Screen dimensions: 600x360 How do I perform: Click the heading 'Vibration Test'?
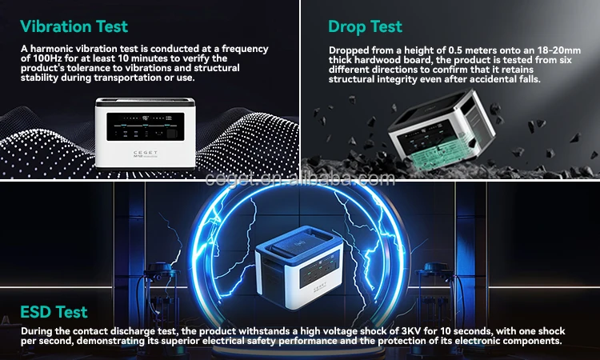pos(74,26)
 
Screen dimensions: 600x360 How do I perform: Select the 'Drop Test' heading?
pos(365,26)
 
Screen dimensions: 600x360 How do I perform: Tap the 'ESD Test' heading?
pos(54,312)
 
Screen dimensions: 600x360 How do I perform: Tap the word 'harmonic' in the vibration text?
pos(51,49)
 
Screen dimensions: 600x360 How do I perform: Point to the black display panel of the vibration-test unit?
pos(146,126)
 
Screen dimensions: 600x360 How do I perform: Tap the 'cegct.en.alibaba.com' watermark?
pos(300,179)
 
